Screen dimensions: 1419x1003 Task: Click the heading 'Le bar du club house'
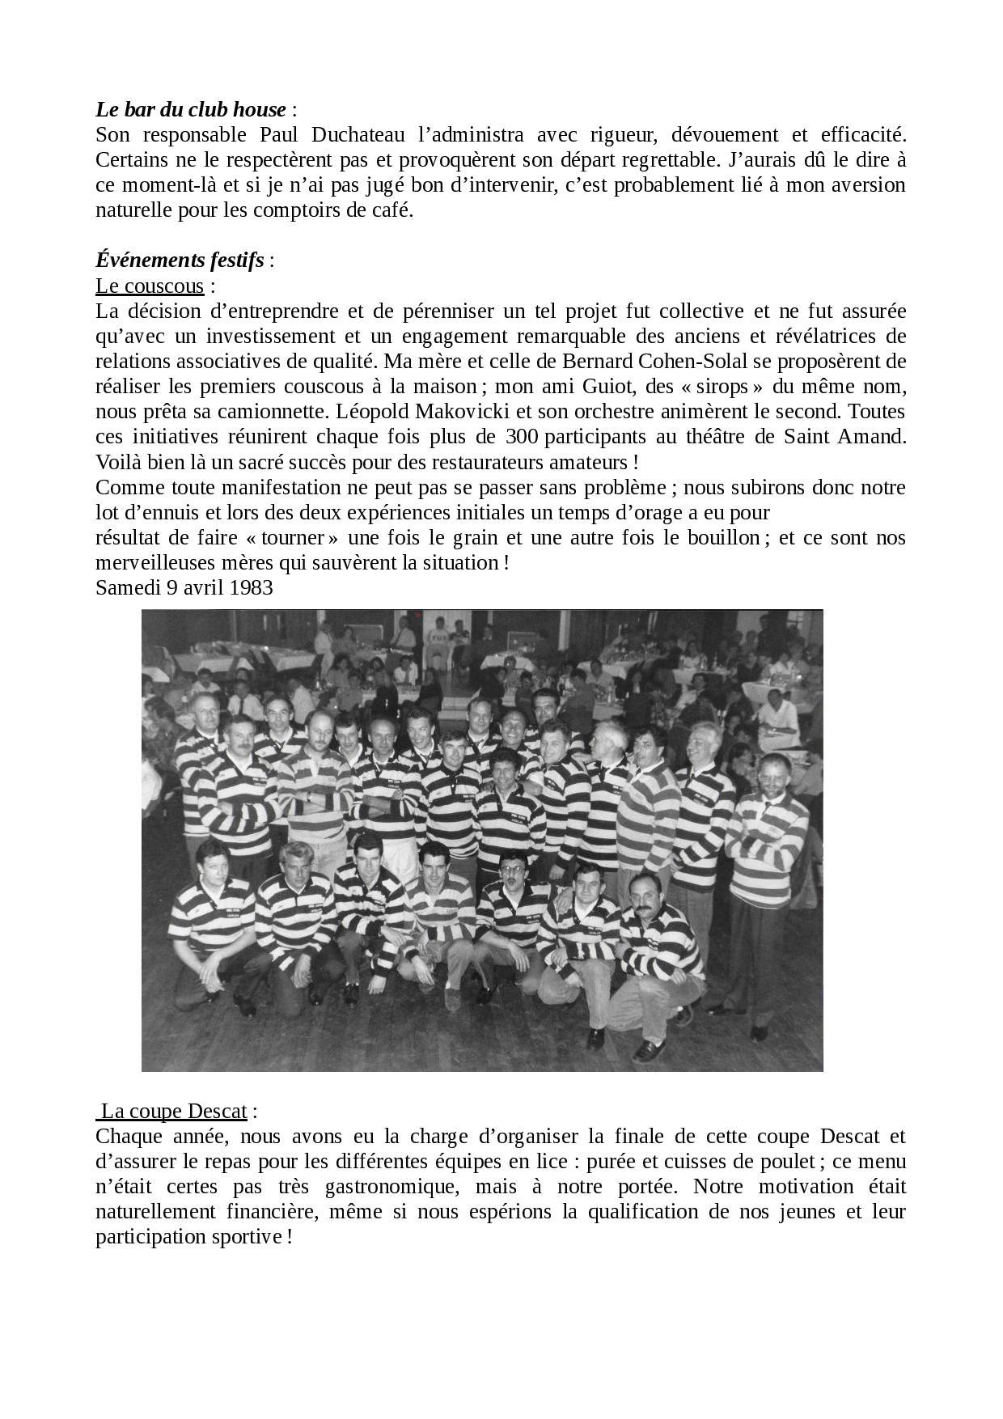(x=190, y=109)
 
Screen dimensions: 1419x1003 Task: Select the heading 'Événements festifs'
(x=180, y=261)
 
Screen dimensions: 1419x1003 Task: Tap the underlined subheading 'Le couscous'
(x=150, y=286)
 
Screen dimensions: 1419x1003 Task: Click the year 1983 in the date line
(x=251, y=587)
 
